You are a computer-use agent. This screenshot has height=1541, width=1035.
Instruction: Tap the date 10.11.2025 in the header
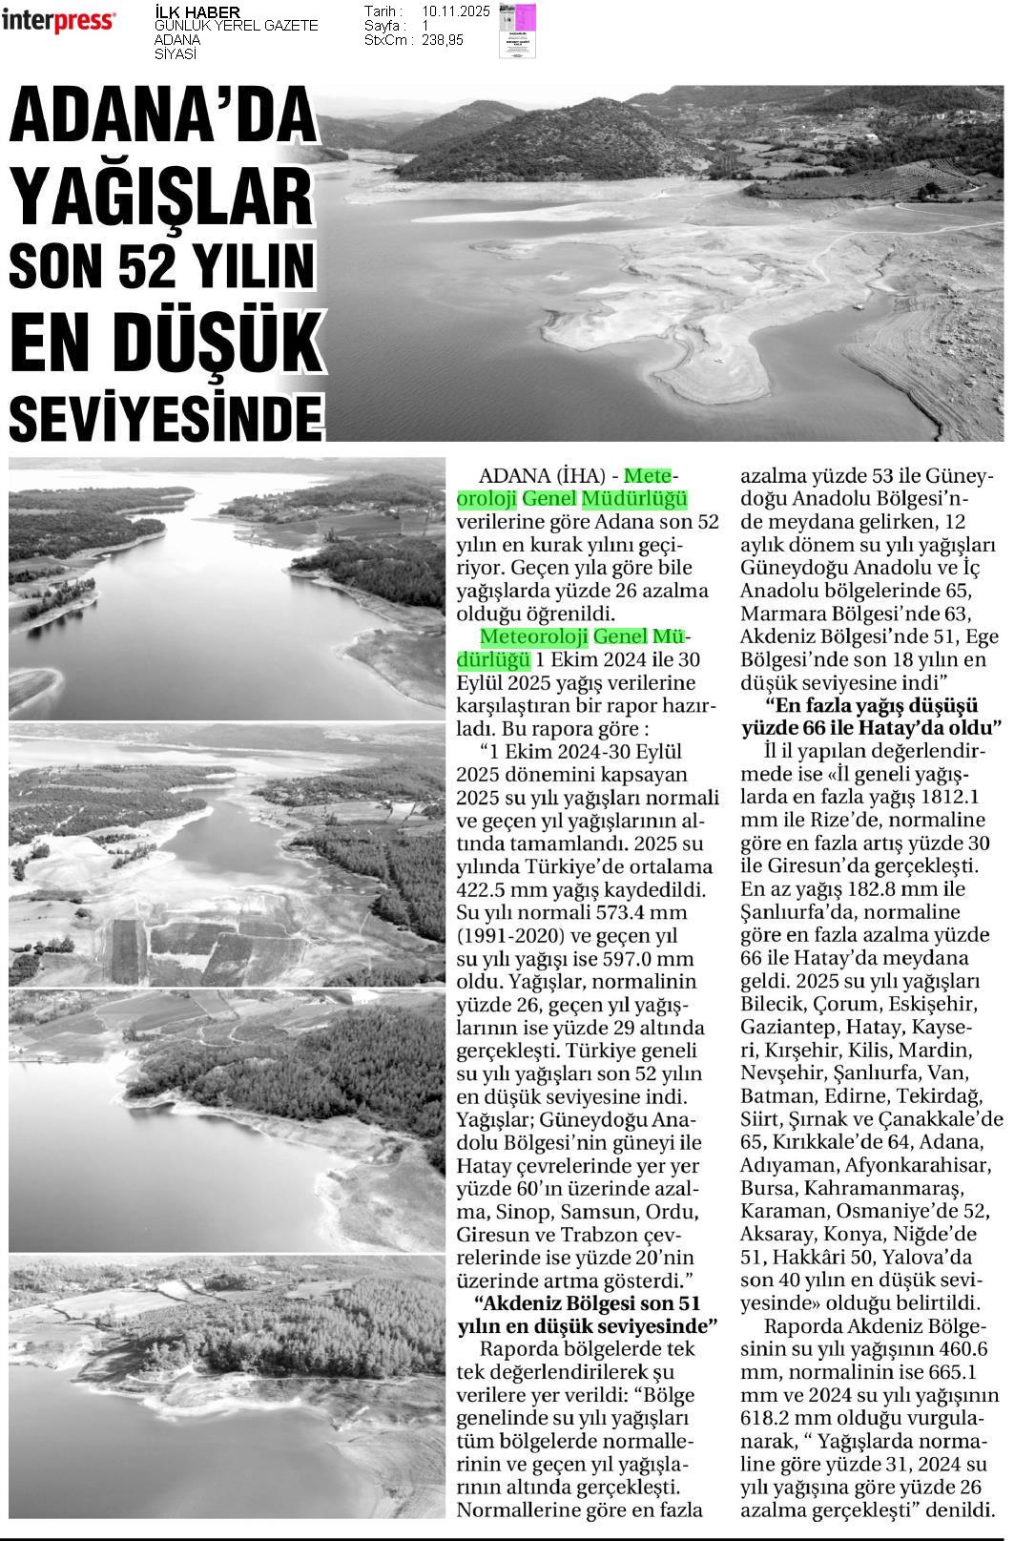tap(455, 11)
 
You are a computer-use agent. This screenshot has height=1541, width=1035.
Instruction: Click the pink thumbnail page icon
tap(517, 31)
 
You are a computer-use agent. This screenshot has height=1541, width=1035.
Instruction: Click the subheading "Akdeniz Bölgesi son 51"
tap(588, 1303)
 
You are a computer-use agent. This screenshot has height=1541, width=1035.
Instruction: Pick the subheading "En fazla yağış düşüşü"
tap(873, 706)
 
